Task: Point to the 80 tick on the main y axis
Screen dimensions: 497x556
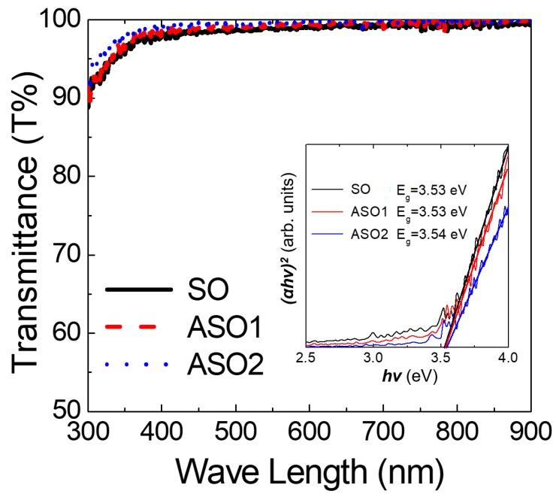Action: click(61, 177)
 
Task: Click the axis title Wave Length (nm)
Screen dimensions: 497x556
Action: click(310, 474)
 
